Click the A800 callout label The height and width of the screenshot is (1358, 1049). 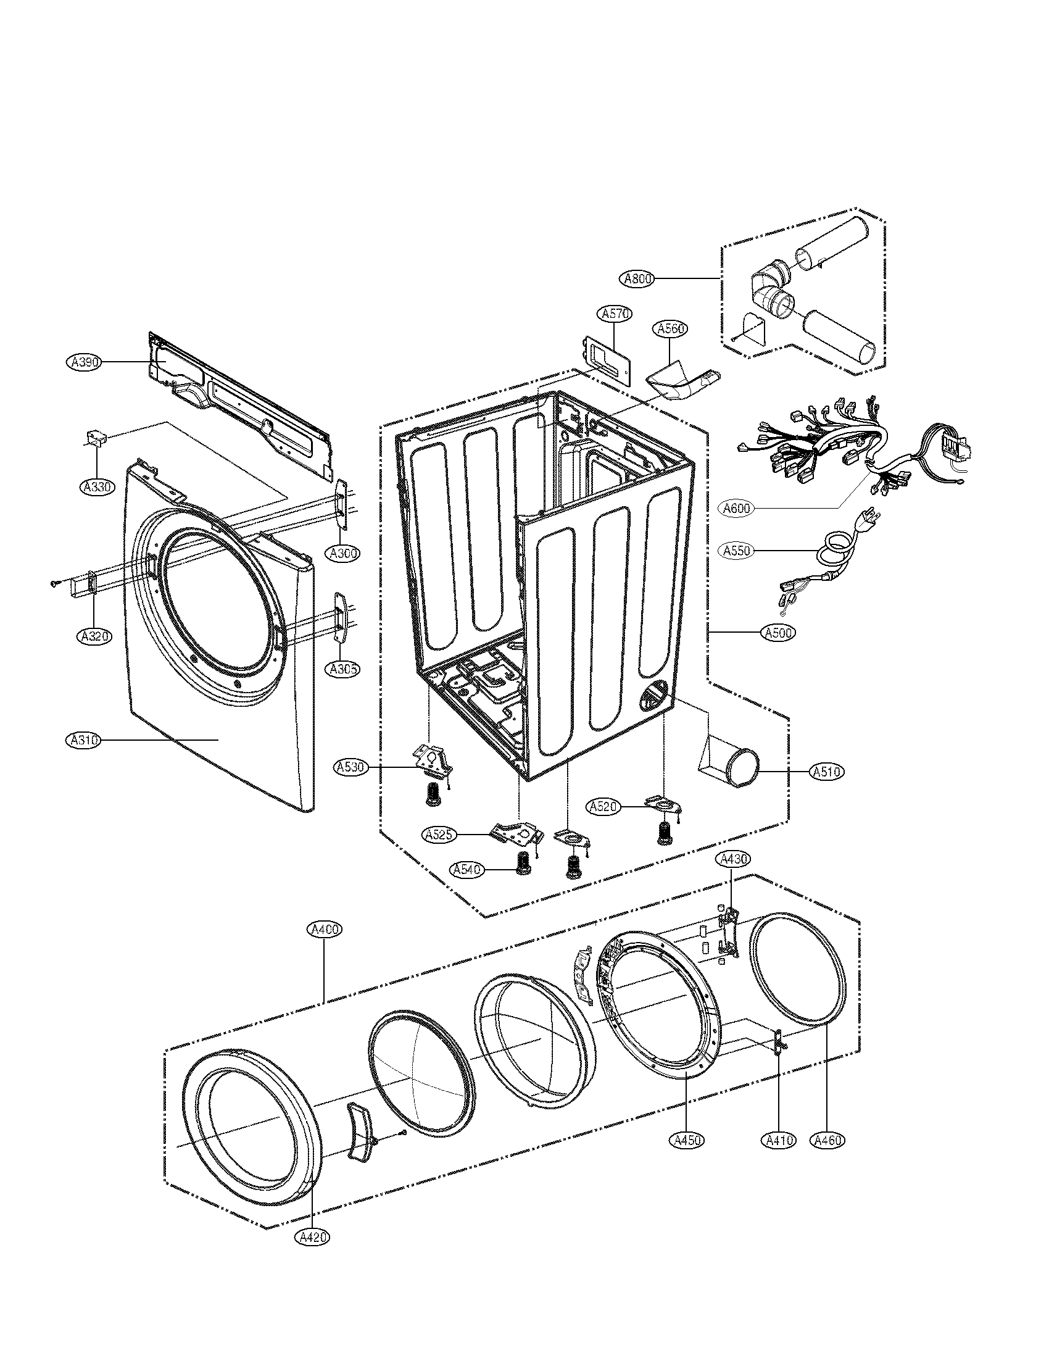(638, 279)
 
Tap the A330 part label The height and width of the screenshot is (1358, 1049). (97, 486)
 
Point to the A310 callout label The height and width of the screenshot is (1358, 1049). (83, 740)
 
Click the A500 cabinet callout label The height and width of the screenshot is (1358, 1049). (777, 633)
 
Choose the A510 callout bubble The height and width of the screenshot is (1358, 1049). (827, 772)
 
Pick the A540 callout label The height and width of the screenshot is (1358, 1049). (468, 870)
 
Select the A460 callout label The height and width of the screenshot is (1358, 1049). (827, 1140)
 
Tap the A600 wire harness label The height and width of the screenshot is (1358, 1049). (737, 508)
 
